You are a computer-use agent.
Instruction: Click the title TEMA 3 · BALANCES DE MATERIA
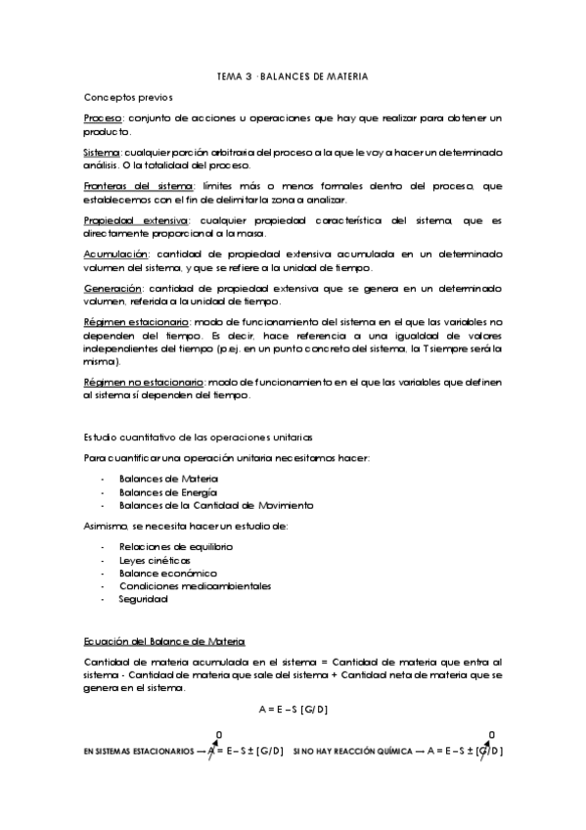292,75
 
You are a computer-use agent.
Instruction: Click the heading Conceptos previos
128,98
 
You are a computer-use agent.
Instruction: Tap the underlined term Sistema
102,153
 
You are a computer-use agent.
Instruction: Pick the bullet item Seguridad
143,599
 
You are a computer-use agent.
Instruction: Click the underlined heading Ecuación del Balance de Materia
163,641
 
